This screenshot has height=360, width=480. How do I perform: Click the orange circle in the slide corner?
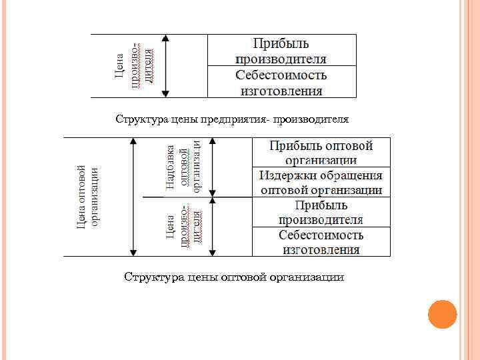click(442, 314)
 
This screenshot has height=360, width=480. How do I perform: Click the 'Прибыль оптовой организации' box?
click(321, 153)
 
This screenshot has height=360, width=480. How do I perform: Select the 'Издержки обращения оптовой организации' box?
click(321, 183)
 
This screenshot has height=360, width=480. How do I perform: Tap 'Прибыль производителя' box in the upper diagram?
click(281, 51)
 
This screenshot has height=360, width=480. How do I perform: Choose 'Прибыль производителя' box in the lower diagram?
click(321, 212)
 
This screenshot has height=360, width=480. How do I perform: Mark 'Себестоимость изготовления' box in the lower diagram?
click(321, 242)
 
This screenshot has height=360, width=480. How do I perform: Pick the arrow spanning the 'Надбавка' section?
click(213, 167)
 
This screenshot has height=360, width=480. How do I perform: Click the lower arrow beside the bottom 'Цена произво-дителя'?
click(213, 227)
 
